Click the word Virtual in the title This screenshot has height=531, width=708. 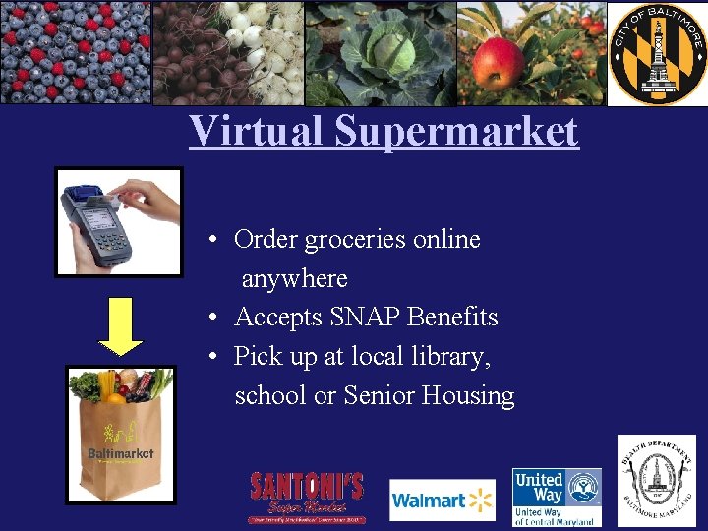pyautogui.click(x=257, y=130)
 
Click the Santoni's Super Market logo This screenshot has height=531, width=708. pyautogui.click(x=307, y=498)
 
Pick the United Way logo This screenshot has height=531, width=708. pyautogui.click(x=557, y=497)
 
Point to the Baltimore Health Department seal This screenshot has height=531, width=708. pyautogui.click(x=656, y=481)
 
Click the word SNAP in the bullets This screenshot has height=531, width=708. pyautogui.click(x=363, y=318)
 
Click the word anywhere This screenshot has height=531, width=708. pyautogui.click(x=294, y=279)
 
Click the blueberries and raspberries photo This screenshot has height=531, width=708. pyautogui.click(x=76, y=52)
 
